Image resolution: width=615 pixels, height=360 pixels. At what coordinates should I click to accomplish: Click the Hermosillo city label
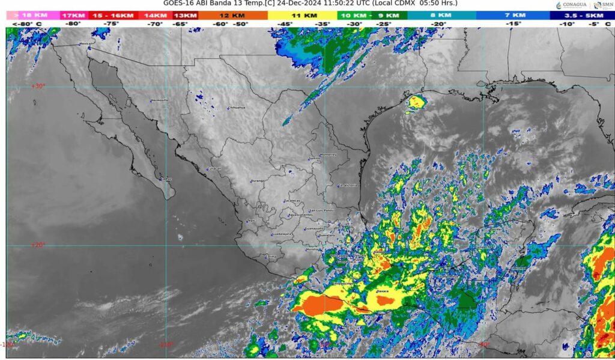160,100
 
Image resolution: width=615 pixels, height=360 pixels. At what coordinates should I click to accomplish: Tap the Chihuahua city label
237,108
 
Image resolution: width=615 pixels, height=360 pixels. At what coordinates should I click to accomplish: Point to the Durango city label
258,181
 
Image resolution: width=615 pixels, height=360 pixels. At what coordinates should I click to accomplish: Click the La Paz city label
167,179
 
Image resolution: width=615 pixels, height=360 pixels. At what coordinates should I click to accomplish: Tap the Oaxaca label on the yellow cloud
383,291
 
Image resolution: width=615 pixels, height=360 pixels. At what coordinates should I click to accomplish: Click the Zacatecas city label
292,201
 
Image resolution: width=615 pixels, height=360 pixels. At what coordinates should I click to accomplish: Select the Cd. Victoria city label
348,186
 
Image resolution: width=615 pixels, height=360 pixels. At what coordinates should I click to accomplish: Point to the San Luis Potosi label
321,211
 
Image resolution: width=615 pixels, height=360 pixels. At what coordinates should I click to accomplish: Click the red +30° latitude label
38,86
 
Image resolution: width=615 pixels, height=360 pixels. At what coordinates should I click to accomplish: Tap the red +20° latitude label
38,245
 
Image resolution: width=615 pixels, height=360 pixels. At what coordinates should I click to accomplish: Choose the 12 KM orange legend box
232,15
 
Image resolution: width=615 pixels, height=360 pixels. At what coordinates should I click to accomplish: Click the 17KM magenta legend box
73,15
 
